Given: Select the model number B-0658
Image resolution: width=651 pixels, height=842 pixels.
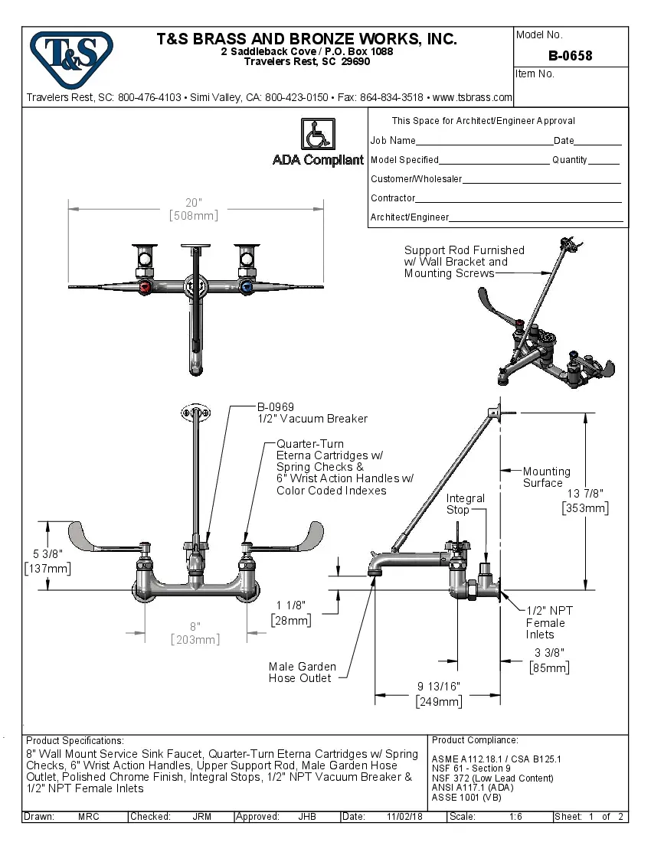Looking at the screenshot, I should (x=570, y=56).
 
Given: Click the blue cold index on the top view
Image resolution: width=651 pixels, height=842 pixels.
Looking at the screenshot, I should (x=246, y=288).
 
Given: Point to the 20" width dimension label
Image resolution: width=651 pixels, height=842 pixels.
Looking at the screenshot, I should (x=193, y=209).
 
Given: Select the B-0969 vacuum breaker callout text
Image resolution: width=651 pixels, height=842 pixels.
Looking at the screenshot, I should (x=276, y=407).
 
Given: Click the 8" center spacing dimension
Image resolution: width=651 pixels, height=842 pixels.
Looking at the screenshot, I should (x=195, y=633).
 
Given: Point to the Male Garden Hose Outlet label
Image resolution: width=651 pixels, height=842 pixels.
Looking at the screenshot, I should (x=300, y=672).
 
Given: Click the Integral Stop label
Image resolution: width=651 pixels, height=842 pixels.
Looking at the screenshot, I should (x=466, y=504).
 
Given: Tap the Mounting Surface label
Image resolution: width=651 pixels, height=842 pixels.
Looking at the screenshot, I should (x=546, y=477).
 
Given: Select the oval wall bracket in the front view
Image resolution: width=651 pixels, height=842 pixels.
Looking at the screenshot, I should (x=196, y=413).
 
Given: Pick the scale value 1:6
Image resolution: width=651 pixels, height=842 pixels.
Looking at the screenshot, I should (x=515, y=817).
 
